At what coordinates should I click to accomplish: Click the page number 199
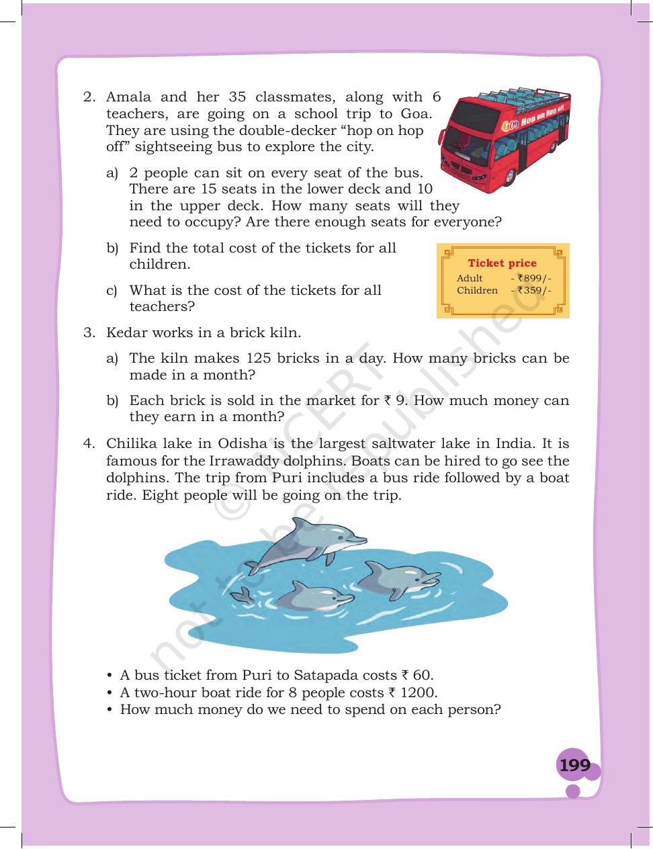pos(574,765)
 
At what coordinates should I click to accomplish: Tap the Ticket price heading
pos(502,263)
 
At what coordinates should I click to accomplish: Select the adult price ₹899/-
pos(534,278)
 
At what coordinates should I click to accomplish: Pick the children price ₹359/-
pos(534,290)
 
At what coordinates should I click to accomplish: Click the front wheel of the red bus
pos(509,177)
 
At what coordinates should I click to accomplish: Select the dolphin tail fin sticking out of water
pos(241,596)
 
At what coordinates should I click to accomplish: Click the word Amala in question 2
pos(128,97)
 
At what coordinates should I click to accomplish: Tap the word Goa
pos(416,114)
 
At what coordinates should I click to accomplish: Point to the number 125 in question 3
pos(258,358)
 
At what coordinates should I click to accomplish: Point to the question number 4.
pos(89,443)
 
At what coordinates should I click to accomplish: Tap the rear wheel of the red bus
pos(552,146)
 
